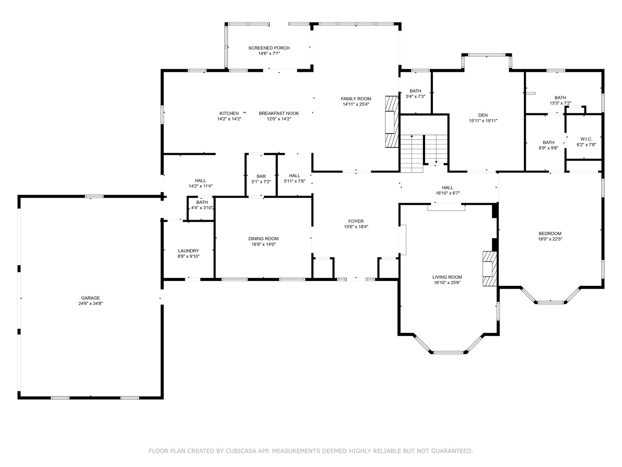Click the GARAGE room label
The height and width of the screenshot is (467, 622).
point(90,298)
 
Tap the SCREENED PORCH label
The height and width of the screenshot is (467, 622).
point(269,48)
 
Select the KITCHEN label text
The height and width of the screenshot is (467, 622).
point(229,113)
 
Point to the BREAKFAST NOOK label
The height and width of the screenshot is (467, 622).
point(279,113)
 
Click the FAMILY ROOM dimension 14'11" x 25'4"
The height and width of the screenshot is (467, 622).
point(356,104)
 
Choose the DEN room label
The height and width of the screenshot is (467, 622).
point(483,115)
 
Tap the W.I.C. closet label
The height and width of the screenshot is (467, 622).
point(586,139)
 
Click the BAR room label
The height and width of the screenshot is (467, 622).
point(261,176)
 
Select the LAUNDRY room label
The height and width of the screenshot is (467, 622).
point(188,251)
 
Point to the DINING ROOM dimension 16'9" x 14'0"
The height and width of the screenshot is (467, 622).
point(263,244)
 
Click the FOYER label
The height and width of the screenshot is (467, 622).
point(356,221)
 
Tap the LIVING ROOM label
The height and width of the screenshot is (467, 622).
point(447,277)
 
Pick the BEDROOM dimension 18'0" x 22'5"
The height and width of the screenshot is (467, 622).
point(550,239)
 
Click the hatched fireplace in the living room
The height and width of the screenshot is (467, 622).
point(490,269)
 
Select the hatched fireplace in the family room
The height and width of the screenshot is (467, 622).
point(392,122)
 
